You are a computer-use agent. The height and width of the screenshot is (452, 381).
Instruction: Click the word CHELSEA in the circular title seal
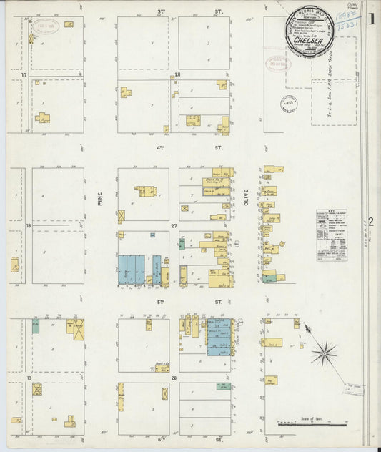310,41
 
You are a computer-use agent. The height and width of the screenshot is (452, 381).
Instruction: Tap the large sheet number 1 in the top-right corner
371,19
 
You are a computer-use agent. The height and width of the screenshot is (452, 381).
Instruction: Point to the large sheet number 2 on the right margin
371,221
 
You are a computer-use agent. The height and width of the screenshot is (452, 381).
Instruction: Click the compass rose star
323,351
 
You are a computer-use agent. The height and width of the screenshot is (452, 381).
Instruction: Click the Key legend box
331,235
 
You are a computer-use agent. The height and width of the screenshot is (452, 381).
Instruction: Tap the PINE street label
100,198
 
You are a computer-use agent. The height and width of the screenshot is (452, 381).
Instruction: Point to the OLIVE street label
244,198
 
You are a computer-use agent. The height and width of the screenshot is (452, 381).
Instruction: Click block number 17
24,74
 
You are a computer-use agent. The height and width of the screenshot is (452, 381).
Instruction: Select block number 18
28,225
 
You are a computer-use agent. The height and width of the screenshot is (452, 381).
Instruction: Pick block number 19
28,377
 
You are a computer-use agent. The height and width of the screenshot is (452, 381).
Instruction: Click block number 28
177,74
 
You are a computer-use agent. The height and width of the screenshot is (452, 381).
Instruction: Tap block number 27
174,225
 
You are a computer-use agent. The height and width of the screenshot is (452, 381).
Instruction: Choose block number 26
174,377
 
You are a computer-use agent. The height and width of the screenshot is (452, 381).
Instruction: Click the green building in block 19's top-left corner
35,326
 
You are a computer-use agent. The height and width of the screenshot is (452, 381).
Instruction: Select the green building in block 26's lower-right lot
224,386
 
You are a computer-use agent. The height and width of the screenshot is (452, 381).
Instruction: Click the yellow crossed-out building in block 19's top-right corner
77,329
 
